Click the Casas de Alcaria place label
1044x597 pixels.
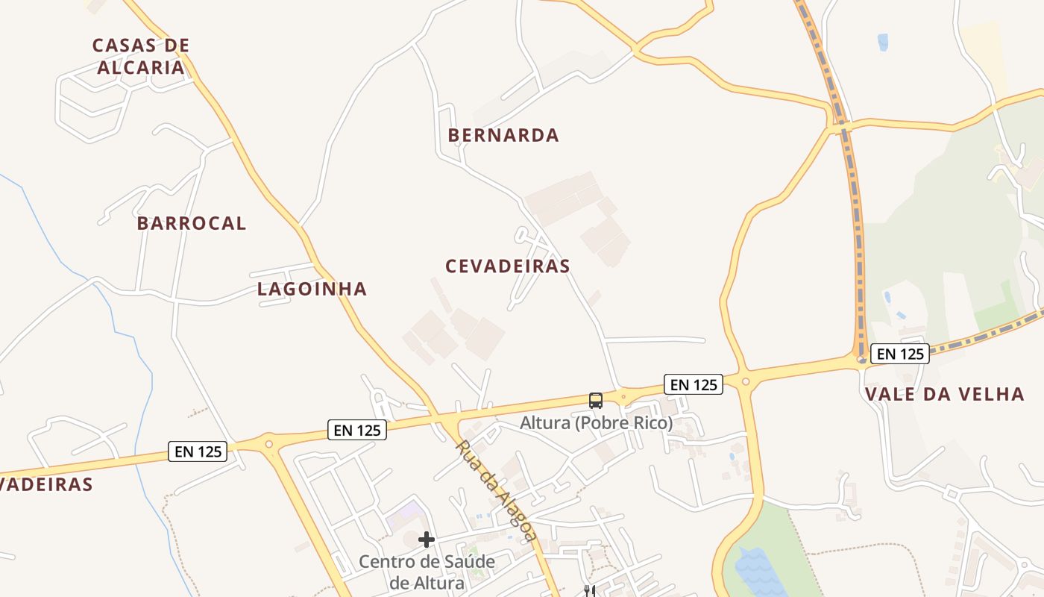[141, 56]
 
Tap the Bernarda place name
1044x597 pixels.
[503, 135]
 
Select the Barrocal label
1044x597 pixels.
[192, 223]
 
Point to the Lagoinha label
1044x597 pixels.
[312, 289]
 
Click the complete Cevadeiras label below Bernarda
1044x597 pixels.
[508, 266]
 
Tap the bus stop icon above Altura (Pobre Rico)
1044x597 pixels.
[596, 401]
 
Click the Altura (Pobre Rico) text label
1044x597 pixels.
[596, 423]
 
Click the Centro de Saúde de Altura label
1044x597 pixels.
[427, 572]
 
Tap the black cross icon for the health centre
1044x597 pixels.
[427, 540]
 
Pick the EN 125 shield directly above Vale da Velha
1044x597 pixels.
[900, 354]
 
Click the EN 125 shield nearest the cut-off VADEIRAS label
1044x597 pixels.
[198, 451]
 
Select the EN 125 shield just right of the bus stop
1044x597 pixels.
[694, 384]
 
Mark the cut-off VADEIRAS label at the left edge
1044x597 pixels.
[46, 484]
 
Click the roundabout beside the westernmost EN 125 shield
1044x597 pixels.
[269, 444]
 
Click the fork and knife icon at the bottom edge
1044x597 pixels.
[590, 591]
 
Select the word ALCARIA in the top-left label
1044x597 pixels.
[141, 67]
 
